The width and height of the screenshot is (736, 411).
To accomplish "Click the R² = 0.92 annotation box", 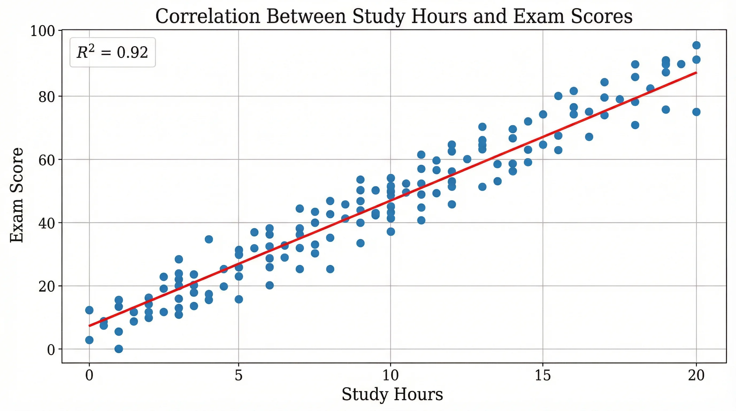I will (x=113, y=52).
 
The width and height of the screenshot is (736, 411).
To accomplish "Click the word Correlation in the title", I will (x=208, y=16).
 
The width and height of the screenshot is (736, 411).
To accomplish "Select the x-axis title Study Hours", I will (x=392, y=394).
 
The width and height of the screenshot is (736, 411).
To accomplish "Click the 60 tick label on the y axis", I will (x=46, y=160).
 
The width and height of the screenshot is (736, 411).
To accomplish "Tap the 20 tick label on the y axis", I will (x=46, y=286).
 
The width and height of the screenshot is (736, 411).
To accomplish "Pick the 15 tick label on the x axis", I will (x=543, y=375).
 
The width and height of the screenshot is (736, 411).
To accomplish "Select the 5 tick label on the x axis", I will (x=239, y=375).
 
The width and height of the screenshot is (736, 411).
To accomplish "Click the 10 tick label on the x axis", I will (x=390, y=375).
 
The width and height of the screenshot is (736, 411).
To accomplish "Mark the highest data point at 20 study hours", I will (x=696, y=45).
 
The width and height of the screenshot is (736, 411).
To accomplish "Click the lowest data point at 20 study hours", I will (x=696, y=112).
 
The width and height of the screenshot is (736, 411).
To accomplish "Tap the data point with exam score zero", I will (x=118, y=349).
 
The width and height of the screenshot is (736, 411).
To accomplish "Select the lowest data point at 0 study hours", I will (x=89, y=340).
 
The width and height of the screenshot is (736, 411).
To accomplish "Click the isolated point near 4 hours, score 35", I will (x=209, y=239).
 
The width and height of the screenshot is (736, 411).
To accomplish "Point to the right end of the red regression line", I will (x=696, y=73).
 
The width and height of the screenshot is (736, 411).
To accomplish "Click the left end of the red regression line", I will (x=90, y=326).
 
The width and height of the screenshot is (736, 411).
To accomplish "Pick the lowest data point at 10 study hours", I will (x=390, y=231).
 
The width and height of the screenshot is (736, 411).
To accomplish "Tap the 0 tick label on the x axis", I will (x=89, y=375).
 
